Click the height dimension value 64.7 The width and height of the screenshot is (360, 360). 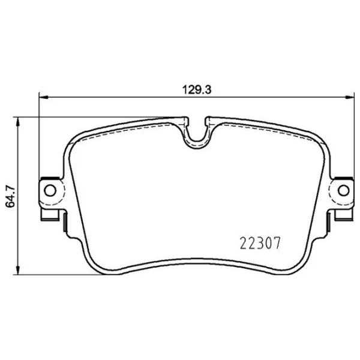[x=9, y=196]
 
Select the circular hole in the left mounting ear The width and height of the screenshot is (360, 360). [x=50, y=191]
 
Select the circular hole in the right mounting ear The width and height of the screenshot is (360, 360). [x=344, y=191]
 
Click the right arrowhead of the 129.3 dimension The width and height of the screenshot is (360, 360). [x=349, y=97]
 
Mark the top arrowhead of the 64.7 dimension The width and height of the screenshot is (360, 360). [x=21, y=122]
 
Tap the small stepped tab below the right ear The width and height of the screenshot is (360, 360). [x=340, y=218]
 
